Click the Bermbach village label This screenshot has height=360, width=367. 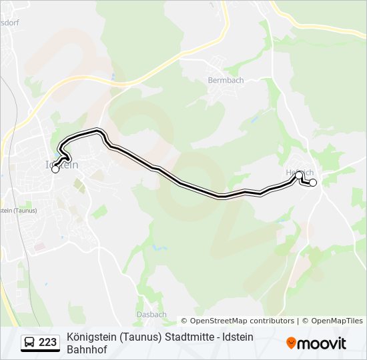click(x=226, y=80)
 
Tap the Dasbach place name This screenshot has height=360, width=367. click(x=151, y=314)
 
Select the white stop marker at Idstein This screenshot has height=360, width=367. click(x=55, y=169)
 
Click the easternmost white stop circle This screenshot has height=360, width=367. click(x=313, y=183)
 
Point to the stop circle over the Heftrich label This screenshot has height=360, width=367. click(x=300, y=175)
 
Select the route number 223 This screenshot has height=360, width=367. click(x=48, y=343)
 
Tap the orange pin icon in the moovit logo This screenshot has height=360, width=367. click(x=291, y=343)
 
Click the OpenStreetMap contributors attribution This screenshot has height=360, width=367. click(x=238, y=321)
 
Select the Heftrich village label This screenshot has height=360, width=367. click(x=299, y=172)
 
